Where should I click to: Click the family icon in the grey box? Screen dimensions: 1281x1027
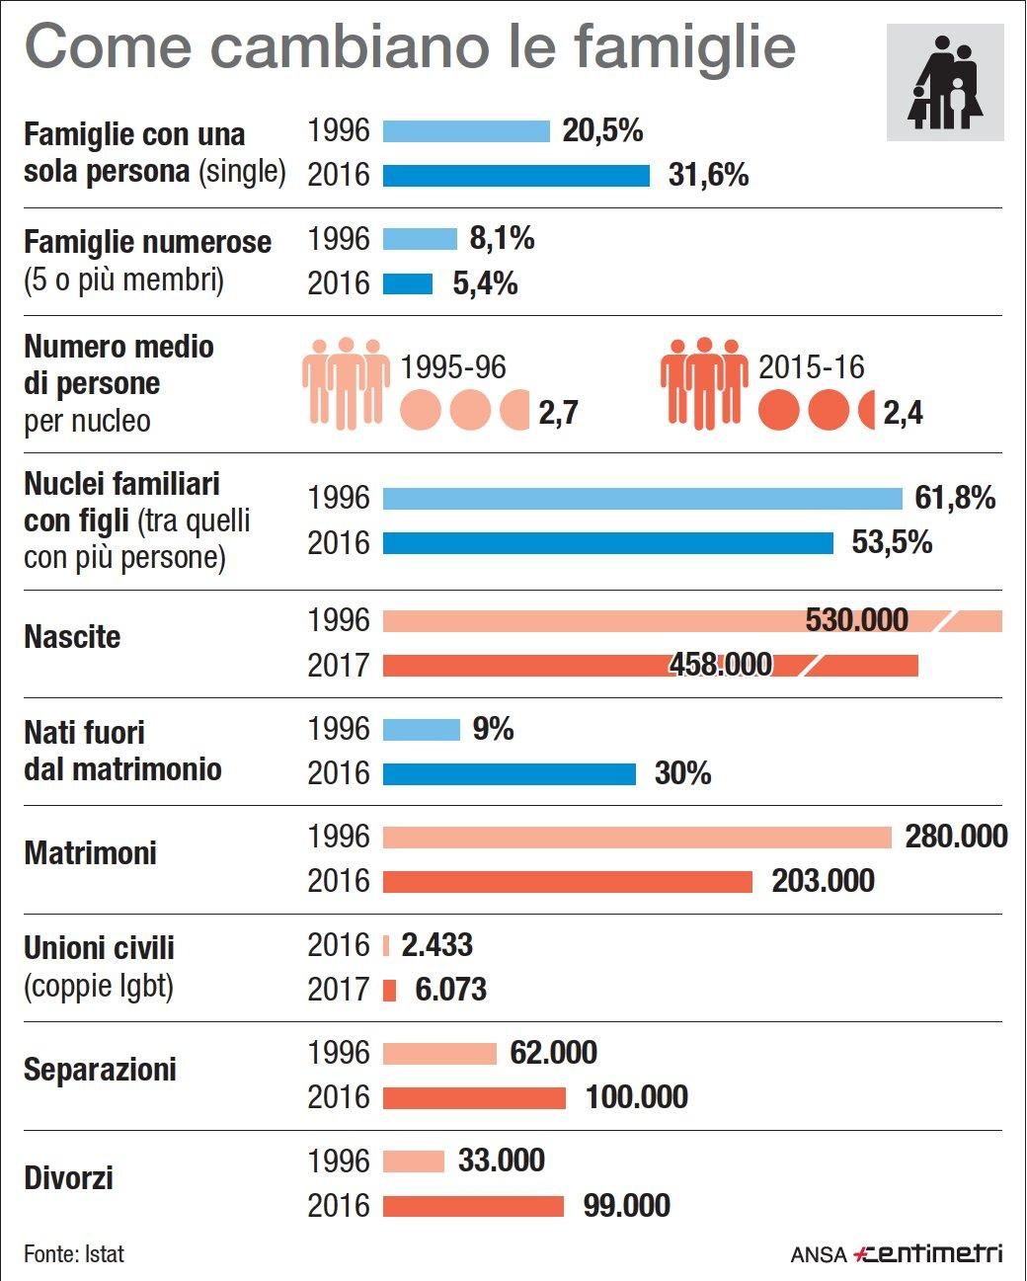click(x=945, y=83)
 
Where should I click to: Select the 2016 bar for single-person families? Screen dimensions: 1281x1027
click(x=515, y=176)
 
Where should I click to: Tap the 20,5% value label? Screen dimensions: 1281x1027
click(x=602, y=130)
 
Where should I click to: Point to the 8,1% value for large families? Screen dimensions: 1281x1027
click(x=502, y=238)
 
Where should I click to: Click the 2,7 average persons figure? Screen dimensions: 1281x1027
click(x=558, y=413)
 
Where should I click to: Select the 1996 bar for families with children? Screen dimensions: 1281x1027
click(x=642, y=498)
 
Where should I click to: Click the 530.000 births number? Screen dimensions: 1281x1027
click(x=856, y=620)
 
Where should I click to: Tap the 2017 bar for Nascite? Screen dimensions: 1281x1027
click(x=650, y=665)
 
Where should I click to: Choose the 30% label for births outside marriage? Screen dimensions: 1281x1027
click(x=682, y=773)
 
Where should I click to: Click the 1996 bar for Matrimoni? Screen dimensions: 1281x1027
click(x=637, y=838)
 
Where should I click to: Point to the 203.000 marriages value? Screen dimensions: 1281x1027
click(x=823, y=881)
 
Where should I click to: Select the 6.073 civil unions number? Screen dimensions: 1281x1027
click(x=450, y=990)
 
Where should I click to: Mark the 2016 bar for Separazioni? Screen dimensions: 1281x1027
click(x=474, y=1097)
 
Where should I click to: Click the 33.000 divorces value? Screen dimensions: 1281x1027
click(x=501, y=1161)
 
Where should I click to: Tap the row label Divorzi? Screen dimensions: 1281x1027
click(x=68, y=1178)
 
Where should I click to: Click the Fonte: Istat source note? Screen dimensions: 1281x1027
click(x=74, y=1254)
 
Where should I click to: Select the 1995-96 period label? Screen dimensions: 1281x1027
click(x=452, y=367)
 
